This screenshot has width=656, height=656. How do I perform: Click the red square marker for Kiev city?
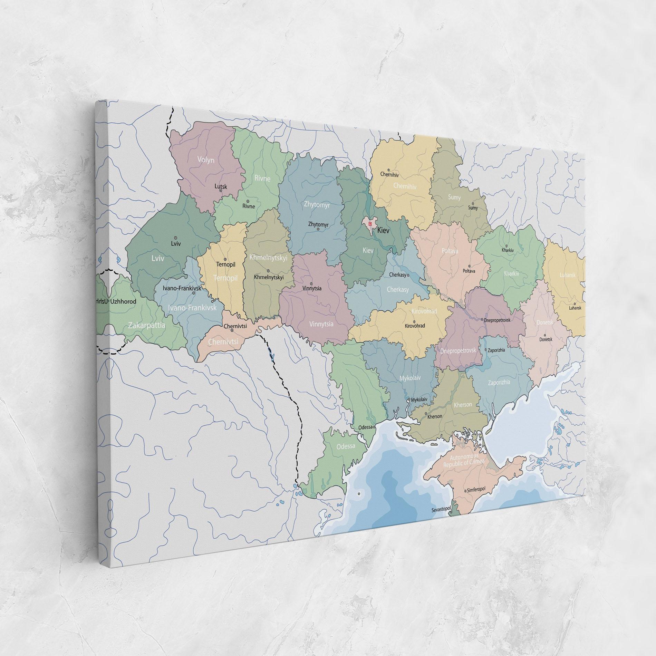[370, 224]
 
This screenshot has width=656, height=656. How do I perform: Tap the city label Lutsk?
[221, 187]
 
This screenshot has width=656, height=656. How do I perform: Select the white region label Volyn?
[206, 160]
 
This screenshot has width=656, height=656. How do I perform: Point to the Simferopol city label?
[476, 490]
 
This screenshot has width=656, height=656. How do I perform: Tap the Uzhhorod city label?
[123, 301]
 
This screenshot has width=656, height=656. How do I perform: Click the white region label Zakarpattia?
[146, 325]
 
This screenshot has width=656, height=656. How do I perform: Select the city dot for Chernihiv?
[388, 170]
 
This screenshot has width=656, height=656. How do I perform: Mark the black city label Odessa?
[365, 427]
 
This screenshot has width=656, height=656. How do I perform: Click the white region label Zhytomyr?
[317, 205]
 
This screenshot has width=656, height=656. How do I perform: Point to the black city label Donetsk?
[546, 339]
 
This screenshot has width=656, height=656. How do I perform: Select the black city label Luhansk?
[575, 308]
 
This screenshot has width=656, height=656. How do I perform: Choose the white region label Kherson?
[463, 404]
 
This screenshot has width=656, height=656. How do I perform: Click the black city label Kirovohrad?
[415, 326]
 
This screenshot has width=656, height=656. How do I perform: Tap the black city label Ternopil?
[225, 264]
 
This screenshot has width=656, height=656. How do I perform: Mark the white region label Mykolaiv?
[410, 378]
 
